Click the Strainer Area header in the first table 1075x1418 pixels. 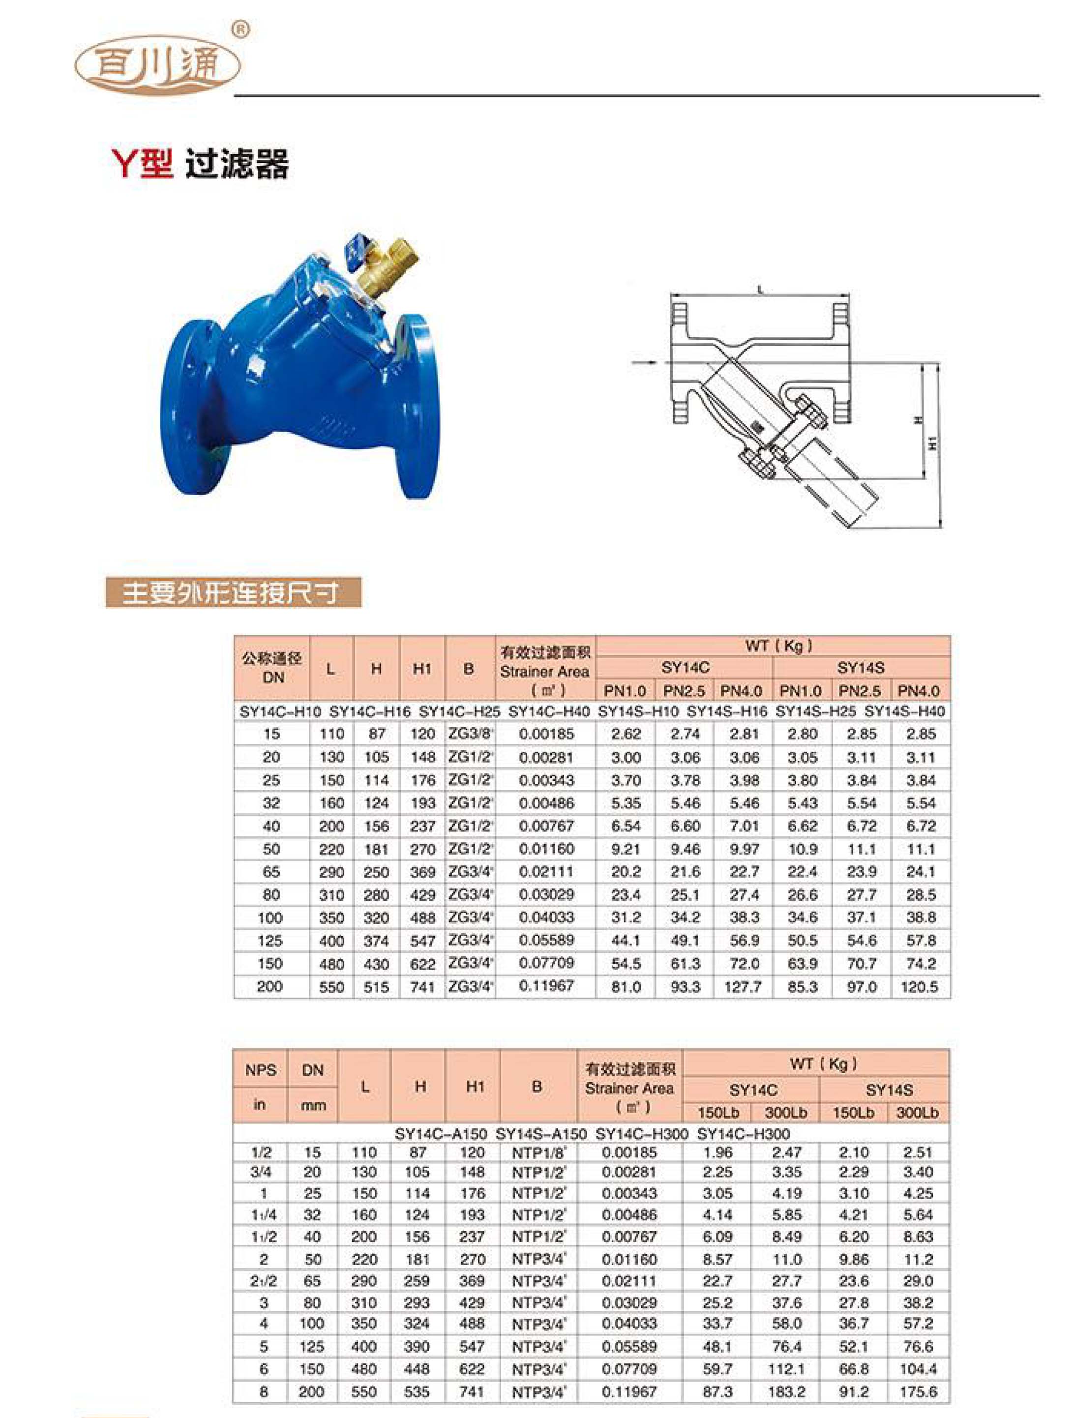(x=544, y=672)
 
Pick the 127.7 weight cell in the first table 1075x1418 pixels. (x=743, y=987)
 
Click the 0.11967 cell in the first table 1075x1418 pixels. (x=546, y=985)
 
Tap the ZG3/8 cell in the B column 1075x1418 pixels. (x=470, y=734)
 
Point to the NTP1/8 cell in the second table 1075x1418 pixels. (x=538, y=1152)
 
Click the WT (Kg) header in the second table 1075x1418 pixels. (x=815, y=1063)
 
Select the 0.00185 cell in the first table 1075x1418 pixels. (x=546, y=734)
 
